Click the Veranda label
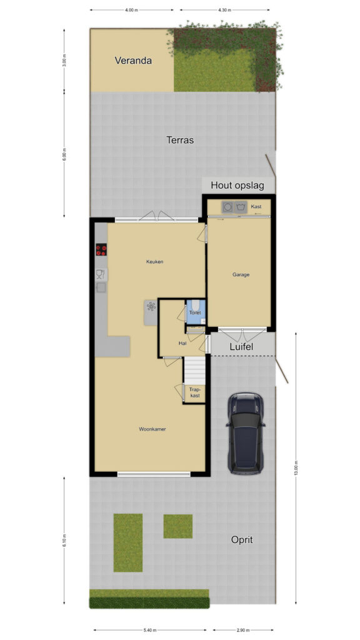(133, 61)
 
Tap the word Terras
(180, 140)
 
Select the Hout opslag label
(237, 185)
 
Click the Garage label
(241, 275)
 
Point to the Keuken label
(155, 262)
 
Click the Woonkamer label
(152, 429)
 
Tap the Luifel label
(241, 347)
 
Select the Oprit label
(242, 539)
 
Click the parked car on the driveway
(245, 433)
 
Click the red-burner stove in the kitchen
(101, 249)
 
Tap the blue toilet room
(196, 312)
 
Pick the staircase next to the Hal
(195, 370)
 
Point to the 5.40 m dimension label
(150, 630)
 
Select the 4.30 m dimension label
(224, 10)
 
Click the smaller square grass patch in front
(178, 526)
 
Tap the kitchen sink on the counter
(101, 274)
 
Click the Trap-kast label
(194, 392)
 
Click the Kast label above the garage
(256, 206)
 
